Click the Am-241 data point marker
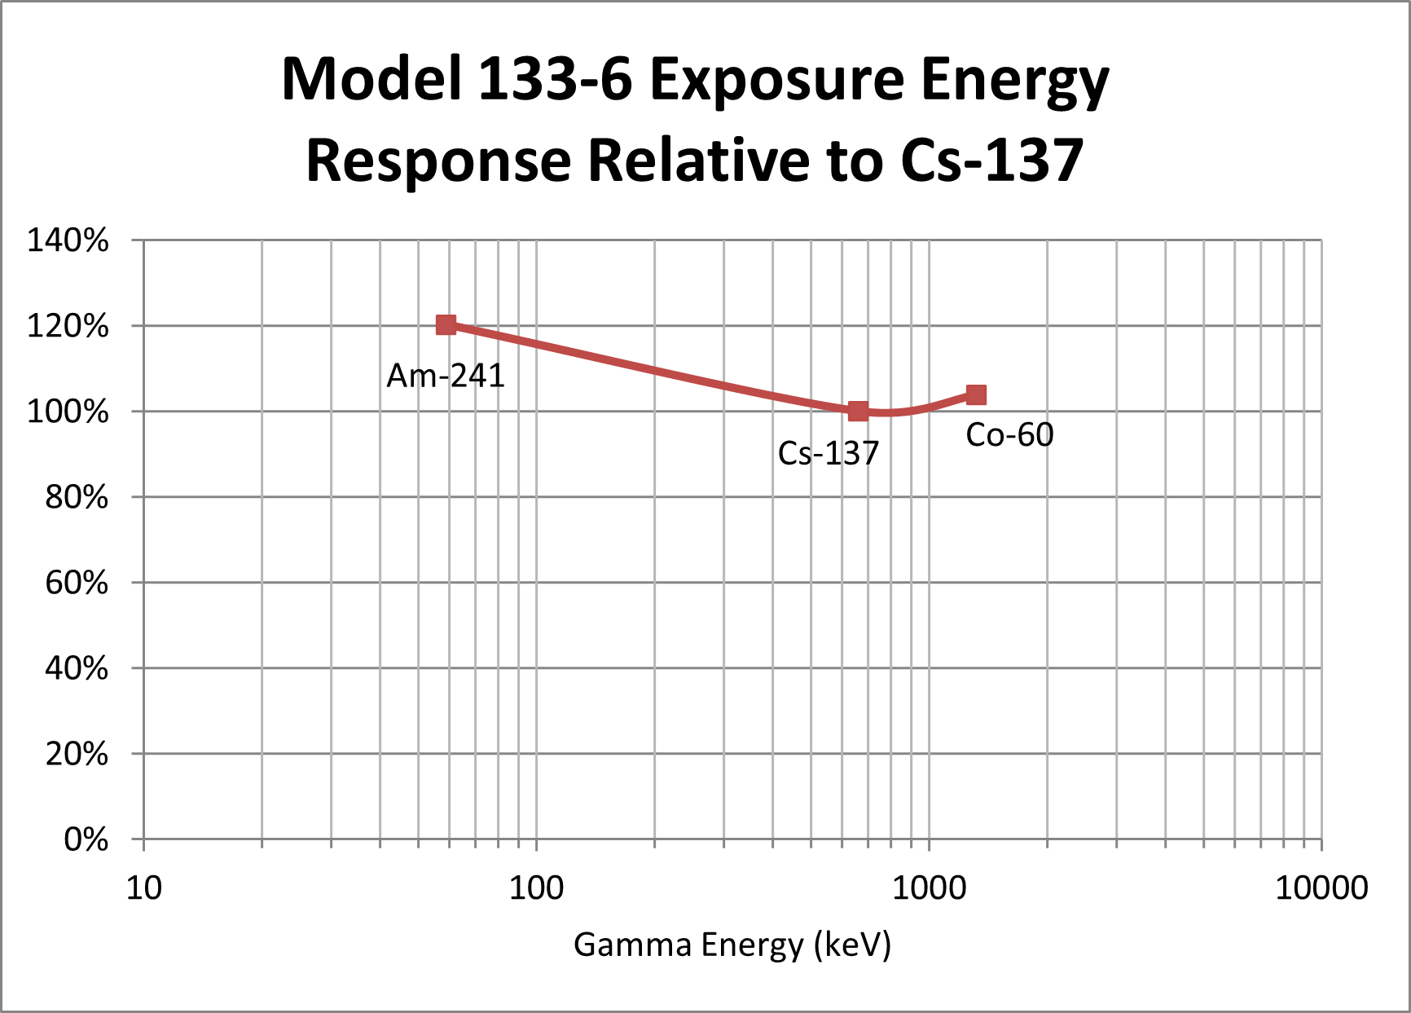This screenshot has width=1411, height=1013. (x=446, y=325)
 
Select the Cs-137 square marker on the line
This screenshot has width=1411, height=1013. (x=858, y=411)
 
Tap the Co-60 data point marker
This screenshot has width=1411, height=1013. (x=976, y=395)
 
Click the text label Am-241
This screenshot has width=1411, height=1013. (x=446, y=376)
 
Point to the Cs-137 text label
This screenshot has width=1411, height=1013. (x=829, y=453)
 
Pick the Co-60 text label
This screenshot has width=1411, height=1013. (x=1009, y=435)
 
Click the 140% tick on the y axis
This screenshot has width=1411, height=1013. (x=68, y=240)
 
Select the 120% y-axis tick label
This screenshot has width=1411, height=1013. (x=68, y=326)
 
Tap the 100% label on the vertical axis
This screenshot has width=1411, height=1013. (x=68, y=412)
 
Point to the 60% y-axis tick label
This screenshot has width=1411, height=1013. (x=77, y=583)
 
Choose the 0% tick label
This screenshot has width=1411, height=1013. (x=86, y=839)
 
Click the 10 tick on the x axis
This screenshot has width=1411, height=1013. (x=144, y=888)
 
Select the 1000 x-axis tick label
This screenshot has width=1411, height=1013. (x=929, y=888)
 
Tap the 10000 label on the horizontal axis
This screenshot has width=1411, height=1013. (x=1321, y=888)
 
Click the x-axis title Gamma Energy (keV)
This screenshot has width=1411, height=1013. (x=732, y=945)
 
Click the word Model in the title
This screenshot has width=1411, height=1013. (x=372, y=80)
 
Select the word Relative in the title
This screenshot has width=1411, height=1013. (x=698, y=160)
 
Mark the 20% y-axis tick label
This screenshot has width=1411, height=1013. (x=77, y=754)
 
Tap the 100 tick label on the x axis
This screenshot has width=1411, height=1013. (x=536, y=888)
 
